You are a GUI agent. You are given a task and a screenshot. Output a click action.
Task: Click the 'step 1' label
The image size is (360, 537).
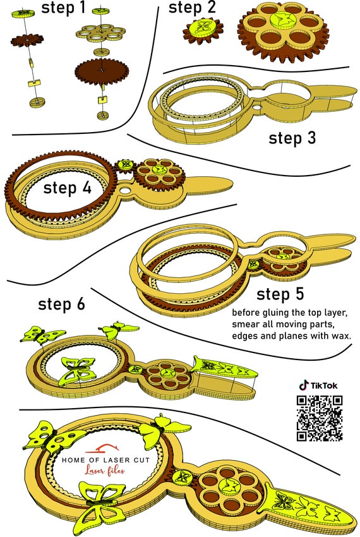[x=63, y=7]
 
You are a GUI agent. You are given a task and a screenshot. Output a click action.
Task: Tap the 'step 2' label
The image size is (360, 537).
[x=192, y=7]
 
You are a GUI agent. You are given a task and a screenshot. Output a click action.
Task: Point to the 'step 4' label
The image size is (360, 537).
[x=68, y=188]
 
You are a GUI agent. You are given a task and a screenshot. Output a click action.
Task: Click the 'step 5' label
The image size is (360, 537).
[x=280, y=294]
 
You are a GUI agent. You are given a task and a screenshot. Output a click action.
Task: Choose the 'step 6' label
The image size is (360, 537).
[x=61, y=304]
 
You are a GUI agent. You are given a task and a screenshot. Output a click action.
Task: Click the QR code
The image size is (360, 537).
[x=320, y=418]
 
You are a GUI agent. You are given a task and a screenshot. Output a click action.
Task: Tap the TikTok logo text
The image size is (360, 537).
[x=318, y=385]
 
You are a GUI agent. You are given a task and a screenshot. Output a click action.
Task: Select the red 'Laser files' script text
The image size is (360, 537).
[x=105, y=471]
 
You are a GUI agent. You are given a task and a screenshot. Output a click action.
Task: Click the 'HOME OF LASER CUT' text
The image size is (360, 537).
[x=106, y=461]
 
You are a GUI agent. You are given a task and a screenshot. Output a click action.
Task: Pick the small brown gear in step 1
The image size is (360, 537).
[x=27, y=40]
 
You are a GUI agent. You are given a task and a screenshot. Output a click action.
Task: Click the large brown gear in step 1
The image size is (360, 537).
[x=102, y=70]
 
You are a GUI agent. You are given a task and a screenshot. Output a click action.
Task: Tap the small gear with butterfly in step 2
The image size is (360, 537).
[x=203, y=30]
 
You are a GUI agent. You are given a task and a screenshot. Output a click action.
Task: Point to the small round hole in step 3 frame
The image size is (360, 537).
[x=256, y=107]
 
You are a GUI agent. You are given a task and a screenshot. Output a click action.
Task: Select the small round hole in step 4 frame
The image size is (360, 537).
[x=126, y=189]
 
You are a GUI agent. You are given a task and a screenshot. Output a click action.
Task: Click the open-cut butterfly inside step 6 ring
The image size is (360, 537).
[x=79, y=371]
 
